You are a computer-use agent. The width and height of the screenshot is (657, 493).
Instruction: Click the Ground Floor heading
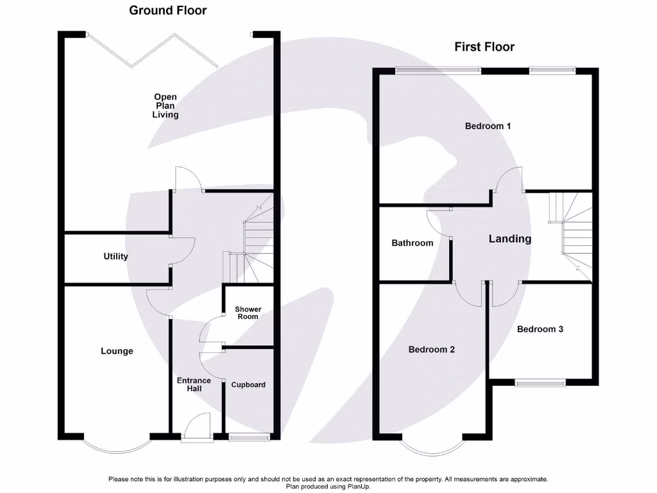click(x=167, y=10)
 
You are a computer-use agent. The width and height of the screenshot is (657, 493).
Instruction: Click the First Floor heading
click(x=484, y=47)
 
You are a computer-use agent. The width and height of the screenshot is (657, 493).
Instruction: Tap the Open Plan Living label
click(x=165, y=106)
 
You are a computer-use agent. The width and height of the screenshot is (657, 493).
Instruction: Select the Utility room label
click(x=115, y=256)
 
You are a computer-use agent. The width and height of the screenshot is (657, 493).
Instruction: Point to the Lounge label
click(x=117, y=351)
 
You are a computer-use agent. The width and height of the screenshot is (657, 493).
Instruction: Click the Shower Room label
click(x=248, y=313)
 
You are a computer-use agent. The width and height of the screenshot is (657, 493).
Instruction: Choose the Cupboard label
click(x=248, y=385)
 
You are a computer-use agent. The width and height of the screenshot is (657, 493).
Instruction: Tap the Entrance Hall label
click(x=194, y=385)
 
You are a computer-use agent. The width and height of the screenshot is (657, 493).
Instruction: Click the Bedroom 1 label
click(x=488, y=126)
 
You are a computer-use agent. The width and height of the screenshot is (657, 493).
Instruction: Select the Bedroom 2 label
click(x=432, y=350)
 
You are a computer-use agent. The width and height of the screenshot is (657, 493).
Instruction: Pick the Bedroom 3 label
click(x=540, y=329)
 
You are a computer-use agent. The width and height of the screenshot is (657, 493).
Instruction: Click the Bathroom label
click(x=412, y=243)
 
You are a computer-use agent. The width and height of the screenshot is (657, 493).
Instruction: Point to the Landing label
click(x=510, y=239)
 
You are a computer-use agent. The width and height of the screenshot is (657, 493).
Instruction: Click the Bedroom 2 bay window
click(x=432, y=447)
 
